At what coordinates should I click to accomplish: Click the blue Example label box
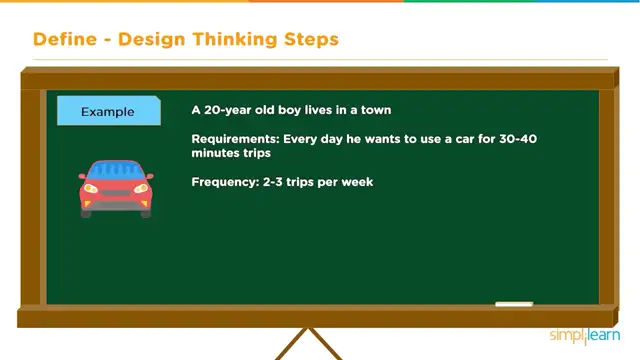pos(108,111)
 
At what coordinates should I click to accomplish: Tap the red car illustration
pos(116,187)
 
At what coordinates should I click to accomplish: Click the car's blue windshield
pos(116,171)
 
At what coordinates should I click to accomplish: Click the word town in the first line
pos(372,110)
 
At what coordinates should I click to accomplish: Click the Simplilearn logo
pos(584,336)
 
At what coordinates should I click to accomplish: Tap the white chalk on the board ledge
pos(514,304)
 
